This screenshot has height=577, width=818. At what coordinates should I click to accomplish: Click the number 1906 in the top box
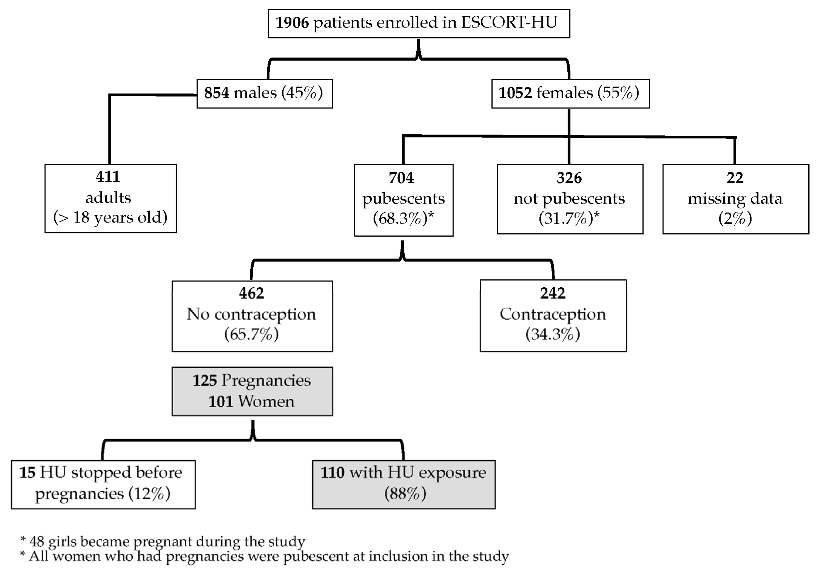(x=292, y=23)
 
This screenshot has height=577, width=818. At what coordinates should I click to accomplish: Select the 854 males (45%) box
(x=264, y=94)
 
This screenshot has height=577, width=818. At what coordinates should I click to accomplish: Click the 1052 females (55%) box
(x=570, y=94)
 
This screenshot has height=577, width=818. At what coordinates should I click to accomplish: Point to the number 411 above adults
(x=108, y=177)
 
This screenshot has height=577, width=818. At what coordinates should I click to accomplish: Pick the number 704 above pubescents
(x=401, y=178)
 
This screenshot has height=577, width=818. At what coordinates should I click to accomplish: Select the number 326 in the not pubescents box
(x=569, y=178)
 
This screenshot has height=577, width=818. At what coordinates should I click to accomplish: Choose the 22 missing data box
(x=735, y=199)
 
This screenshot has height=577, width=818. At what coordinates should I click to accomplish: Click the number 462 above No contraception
(x=252, y=293)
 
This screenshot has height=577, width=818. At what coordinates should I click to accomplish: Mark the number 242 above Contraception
(x=553, y=293)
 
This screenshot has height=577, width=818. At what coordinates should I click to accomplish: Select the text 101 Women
(x=252, y=402)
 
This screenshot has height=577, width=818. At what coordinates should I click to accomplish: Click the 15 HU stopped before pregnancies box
(x=103, y=484)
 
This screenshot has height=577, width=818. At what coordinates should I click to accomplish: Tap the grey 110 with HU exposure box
(x=403, y=484)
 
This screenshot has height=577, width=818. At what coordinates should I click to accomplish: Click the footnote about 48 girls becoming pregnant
(x=162, y=542)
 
